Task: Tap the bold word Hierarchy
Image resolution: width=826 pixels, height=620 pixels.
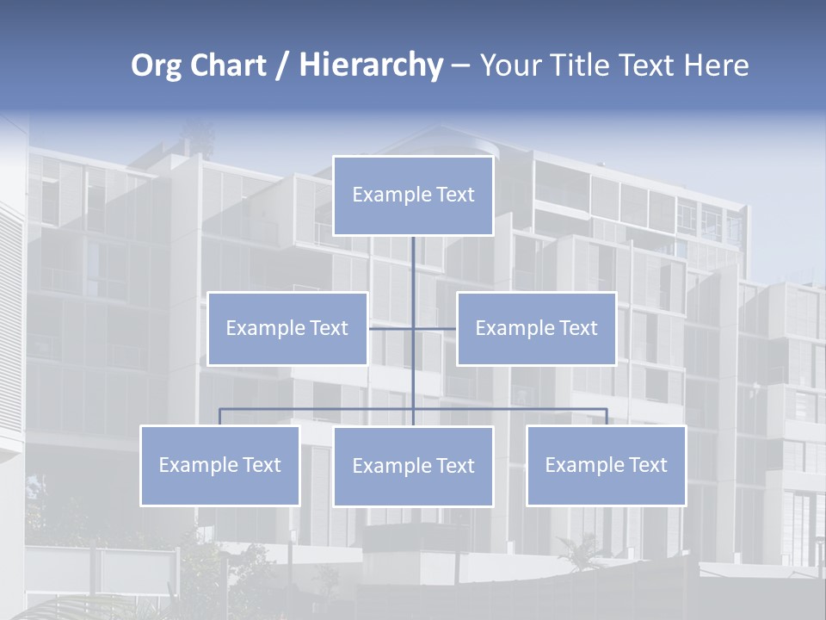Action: [370, 65]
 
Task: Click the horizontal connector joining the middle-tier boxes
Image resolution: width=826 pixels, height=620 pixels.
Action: [391, 328]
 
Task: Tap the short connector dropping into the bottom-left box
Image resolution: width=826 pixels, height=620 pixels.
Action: [219, 417]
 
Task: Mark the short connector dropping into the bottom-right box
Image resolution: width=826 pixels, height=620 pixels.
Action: [607, 417]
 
